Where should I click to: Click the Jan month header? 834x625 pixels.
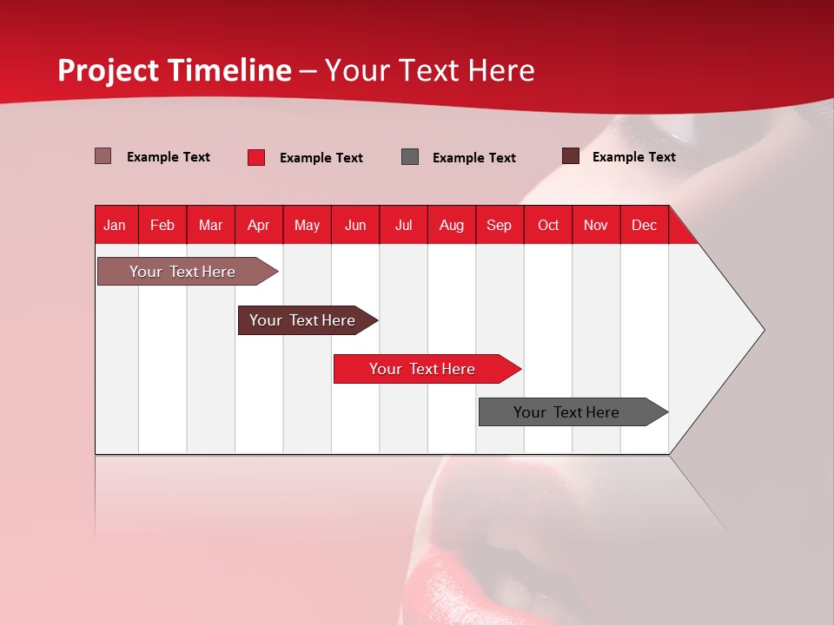pos(115,225)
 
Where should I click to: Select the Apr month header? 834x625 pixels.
pos(259,225)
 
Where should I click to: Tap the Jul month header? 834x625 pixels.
pos(403,225)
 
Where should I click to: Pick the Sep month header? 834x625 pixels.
pos(499,225)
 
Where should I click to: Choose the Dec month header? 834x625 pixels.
pos(644,225)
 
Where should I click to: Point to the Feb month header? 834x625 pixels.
pos(162,225)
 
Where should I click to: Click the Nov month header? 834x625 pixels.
pos(596,225)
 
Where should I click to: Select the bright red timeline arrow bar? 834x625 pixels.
pos(422,369)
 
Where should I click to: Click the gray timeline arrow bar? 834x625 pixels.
pos(566,412)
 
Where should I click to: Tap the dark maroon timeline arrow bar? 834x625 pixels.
pos(302,320)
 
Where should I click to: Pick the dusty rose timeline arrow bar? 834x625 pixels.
pos(182,272)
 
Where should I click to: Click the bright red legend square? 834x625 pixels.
pos(256,157)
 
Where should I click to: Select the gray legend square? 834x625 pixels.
pos(410,156)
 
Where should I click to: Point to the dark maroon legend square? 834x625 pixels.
pos(571,156)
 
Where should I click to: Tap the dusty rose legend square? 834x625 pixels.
pos(103,156)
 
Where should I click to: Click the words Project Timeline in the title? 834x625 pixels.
pos(174,70)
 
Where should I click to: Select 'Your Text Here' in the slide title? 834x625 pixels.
pos(429,70)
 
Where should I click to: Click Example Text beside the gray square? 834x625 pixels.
pos(473,158)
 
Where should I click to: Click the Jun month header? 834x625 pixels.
pos(355,225)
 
